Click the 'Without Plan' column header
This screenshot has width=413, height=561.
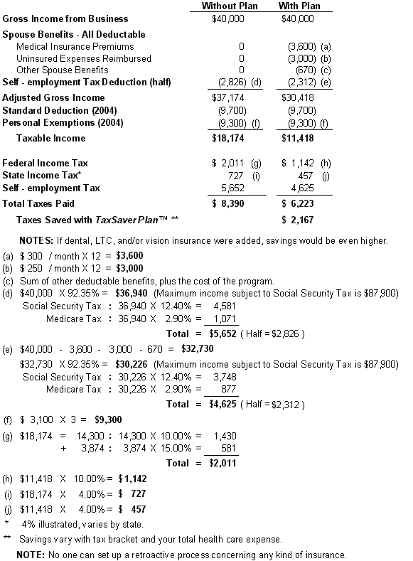pyautogui.click(x=230, y=6)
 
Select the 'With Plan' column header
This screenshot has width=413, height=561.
pyautogui.click(x=299, y=6)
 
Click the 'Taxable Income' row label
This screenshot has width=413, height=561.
pyautogui.click(x=51, y=138)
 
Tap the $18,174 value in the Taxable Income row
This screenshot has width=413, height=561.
pyautogui.click(x=227, y=138)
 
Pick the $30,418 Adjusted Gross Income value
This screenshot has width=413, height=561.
pyautogui.click(x=298, y=97)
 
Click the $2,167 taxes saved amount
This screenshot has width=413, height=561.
pyautogui.click(x=298, y=220)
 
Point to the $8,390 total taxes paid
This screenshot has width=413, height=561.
pyautogui.click(x=227, y=203)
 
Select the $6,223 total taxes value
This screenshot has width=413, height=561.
pyautogui.click(x=298, y=203)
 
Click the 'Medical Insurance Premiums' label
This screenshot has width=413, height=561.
pyautogui.click(x=75, y=46)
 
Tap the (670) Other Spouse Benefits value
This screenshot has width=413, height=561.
pyautogui.click(x=306, y=70)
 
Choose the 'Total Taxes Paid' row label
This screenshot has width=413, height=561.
pyautogui.click(x=38, y=203)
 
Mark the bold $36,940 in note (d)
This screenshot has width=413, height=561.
pyautogui.click(x=132, y=294)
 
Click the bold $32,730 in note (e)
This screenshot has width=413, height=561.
pyautogui.click(x=198, y=349)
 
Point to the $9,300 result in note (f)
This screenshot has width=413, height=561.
pyautogui.click(x=108, y=420)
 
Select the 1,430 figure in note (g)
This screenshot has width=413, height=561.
pyautogui.click(x=225, y=436)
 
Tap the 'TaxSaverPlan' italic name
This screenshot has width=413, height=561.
pyautogui.click(x=127, y=220)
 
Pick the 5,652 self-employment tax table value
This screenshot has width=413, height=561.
pyautogui.click(x=232, y=188)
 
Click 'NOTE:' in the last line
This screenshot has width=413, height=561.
pyautogui.click(x=31, y=555)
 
